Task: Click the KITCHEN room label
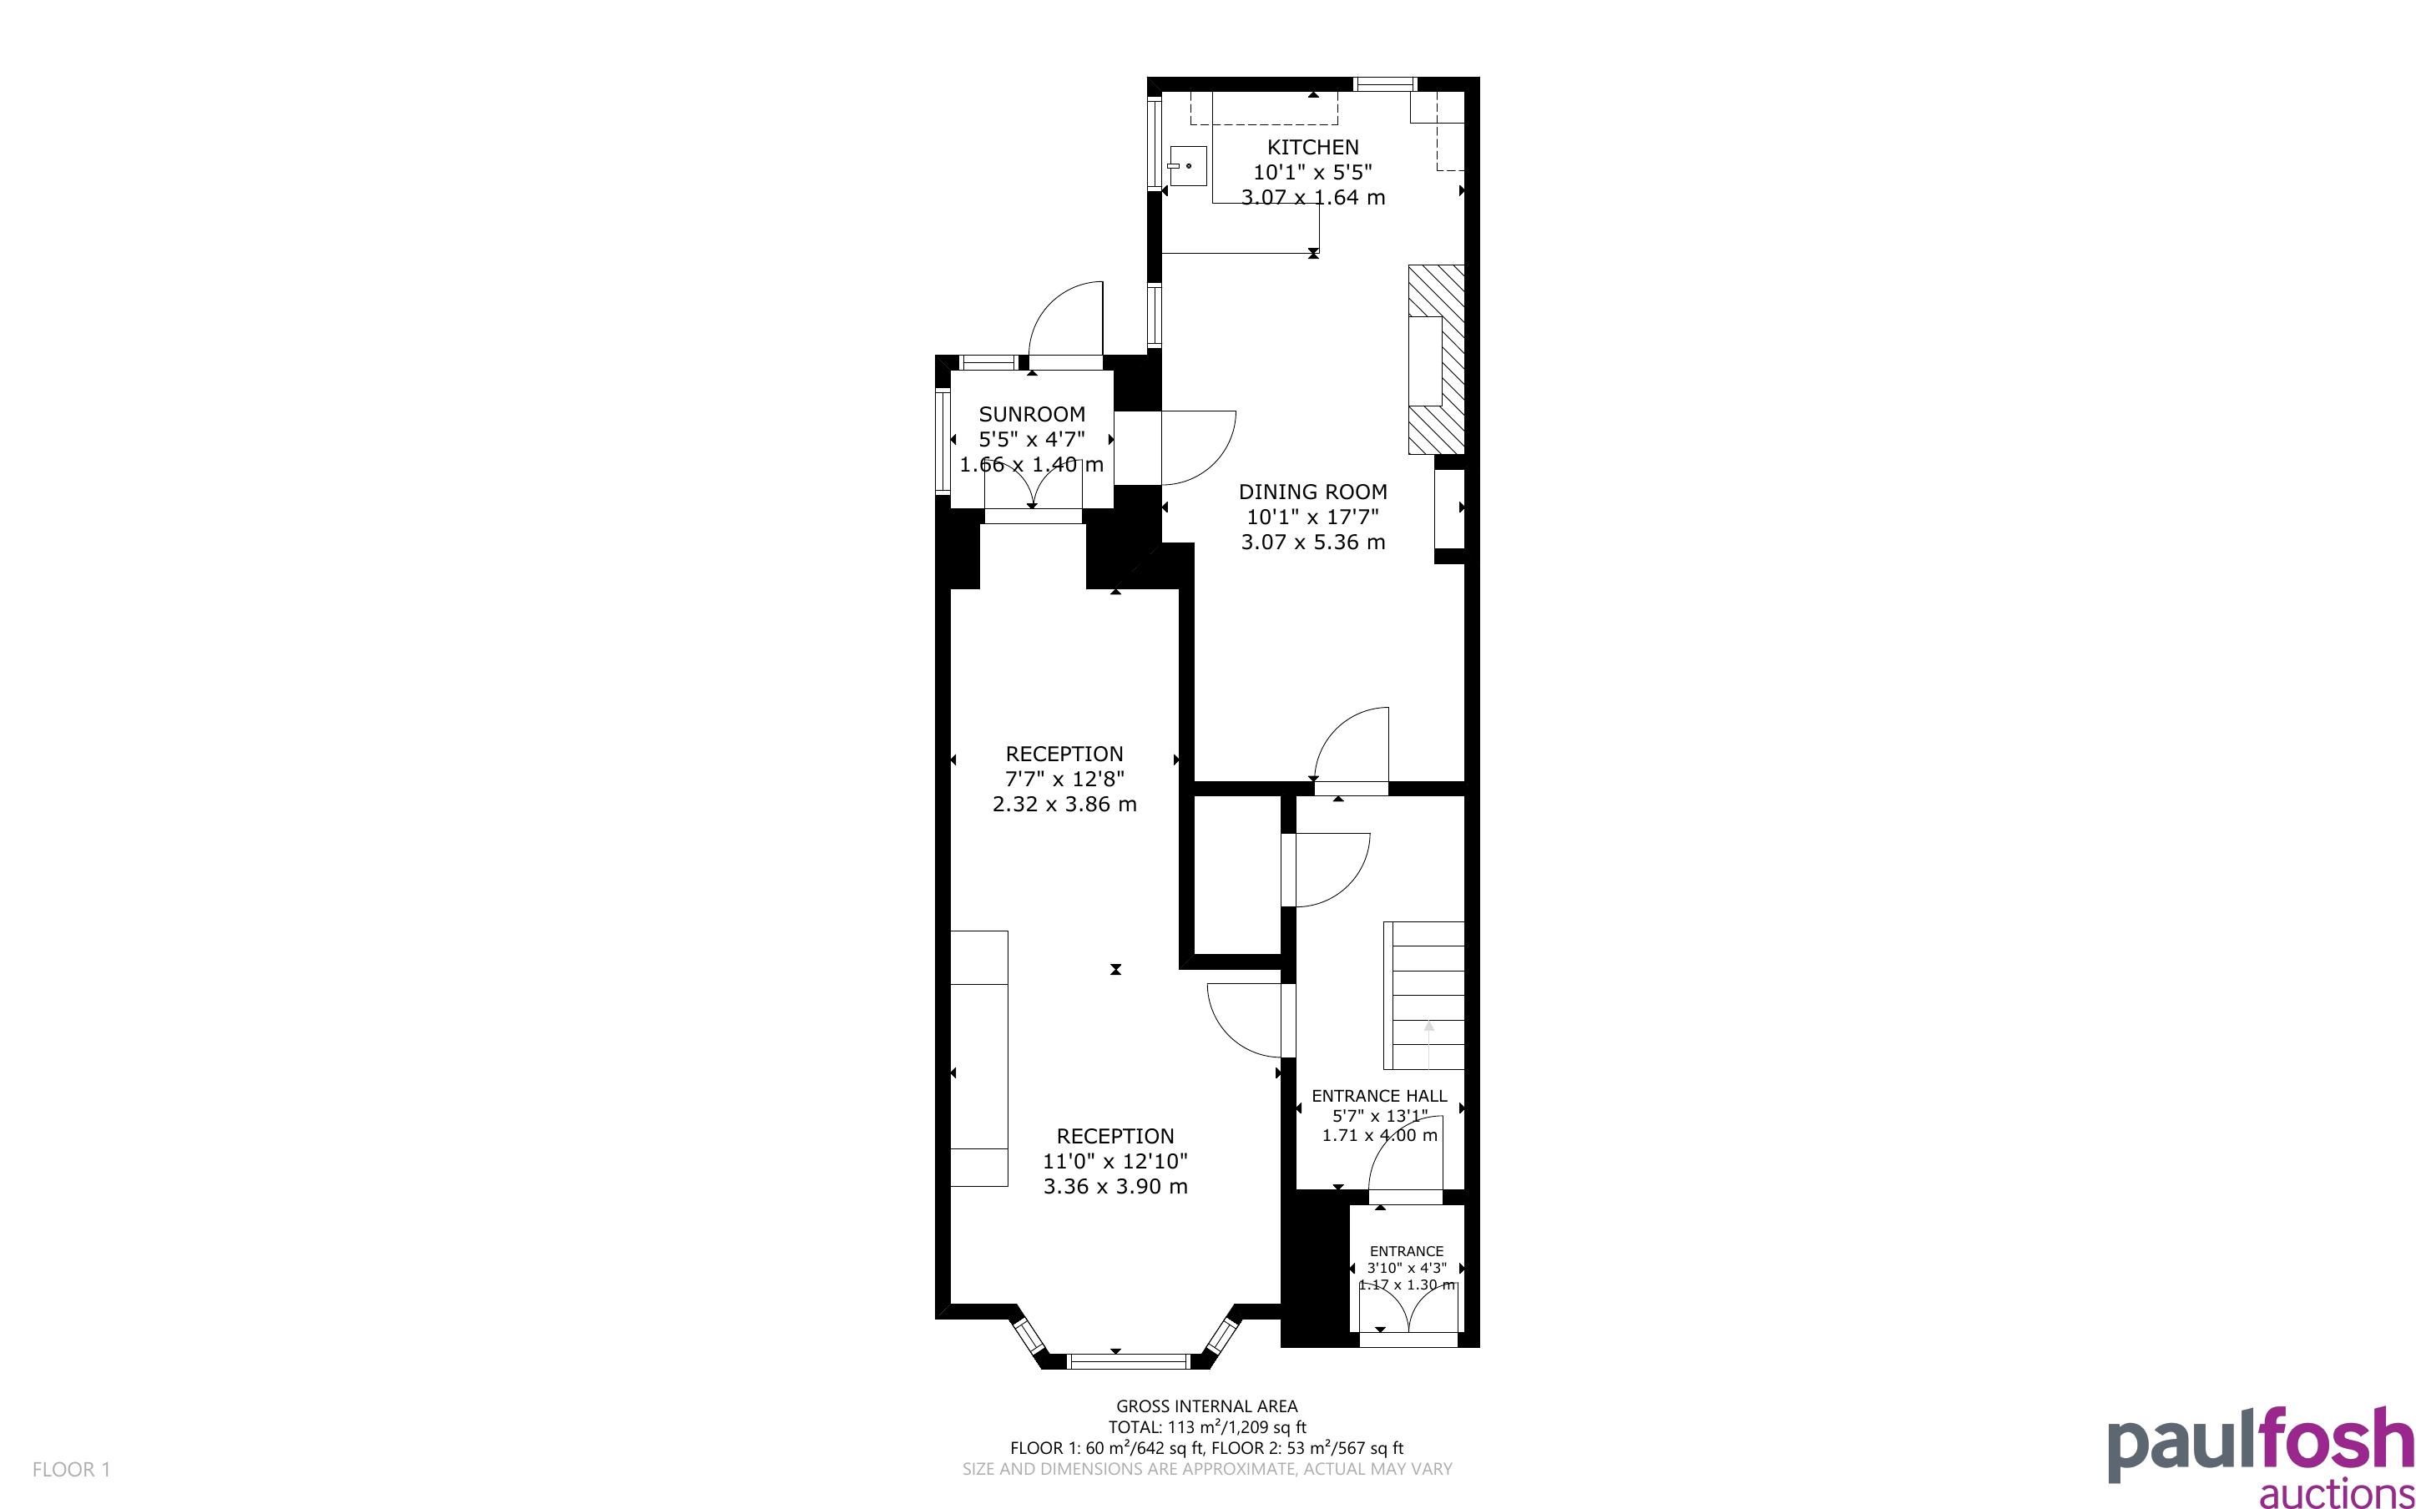pyautogui.click(x=1312, y=147)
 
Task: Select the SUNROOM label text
pyautogui.click(x=1032, y=414)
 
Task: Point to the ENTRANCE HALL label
pyautogui.click(x=1379, y=1095)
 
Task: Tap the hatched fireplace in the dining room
pyautogui.click(x=1436, y=359)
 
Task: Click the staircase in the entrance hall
pyautogui.click(x=1423, y=995)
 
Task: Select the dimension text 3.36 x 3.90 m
pyautogui.click(x=1115, y=1187)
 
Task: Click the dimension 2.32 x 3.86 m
pyautogui.click(x=1064, y=805)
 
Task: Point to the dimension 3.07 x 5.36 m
pyautogui.click(x=1312, y=542)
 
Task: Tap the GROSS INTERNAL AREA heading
pyautogui.click(x=1206, y=1406)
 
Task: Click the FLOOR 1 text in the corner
pyautogui.click(x=71, y=1469)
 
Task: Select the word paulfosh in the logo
pyautogui.click(x=2262, y=1443)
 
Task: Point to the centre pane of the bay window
pyautogui.click(x=1129, y=1360)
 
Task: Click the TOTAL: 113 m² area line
pyautogui.click(x=1206, y=1427)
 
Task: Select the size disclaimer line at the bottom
pyautogui.click(x=1206, y=1469)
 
